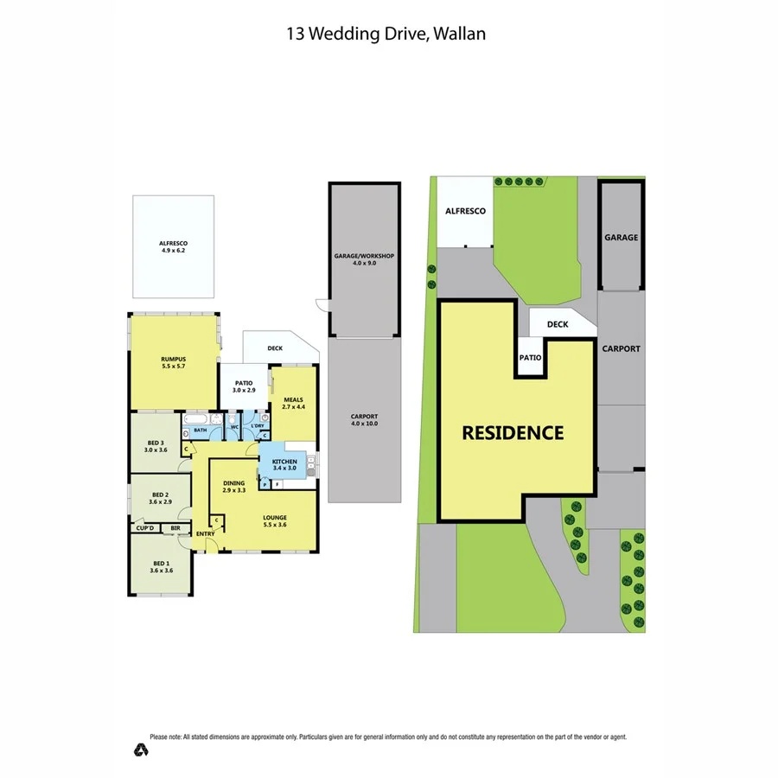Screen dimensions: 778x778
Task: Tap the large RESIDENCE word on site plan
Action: click(513, 432)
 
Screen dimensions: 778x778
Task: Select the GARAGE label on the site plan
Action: click(621, 237)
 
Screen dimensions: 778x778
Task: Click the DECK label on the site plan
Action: click(558, 324)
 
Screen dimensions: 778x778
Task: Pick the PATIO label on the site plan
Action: click(530, 356)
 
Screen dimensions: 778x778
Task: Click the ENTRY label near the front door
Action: click(205, 533)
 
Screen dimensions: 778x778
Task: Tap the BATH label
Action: click(200, 430)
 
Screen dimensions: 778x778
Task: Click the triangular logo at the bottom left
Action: click(141, 749)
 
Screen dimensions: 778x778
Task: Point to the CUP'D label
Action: click(144, 527)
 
